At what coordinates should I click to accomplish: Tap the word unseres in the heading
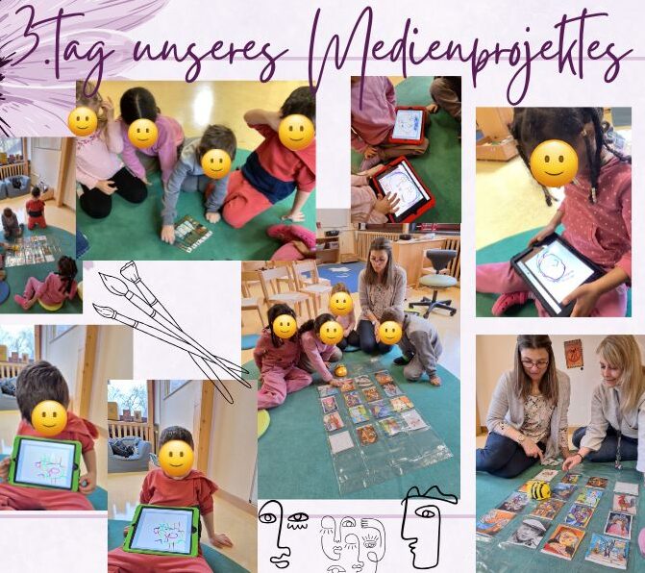coord(210,57)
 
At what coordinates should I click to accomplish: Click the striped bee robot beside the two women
coord(539,489)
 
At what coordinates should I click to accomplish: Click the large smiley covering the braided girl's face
coord(554,163)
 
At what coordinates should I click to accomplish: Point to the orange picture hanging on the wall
coord(574,354)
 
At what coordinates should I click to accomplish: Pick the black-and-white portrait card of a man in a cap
coord(528,534)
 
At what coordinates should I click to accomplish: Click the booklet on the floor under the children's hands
coord(192,234)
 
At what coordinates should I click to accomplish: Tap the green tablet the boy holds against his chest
coord(45,463)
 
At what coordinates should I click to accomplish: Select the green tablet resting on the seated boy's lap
coord(162,531)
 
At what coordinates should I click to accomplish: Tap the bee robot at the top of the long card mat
coord(339,370)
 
